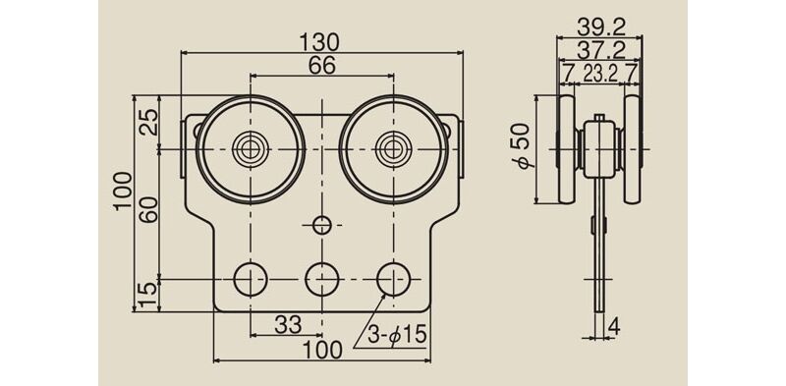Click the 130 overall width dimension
coord(320,42)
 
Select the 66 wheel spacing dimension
coord(321,66)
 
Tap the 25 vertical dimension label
coord(149,122)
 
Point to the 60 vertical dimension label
coord(149,209)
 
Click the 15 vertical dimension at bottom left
coord(149,296)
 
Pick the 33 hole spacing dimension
coord(288,325)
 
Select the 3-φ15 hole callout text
coord(397,334)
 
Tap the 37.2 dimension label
coord(600,50)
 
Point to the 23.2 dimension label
coord(599,75)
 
